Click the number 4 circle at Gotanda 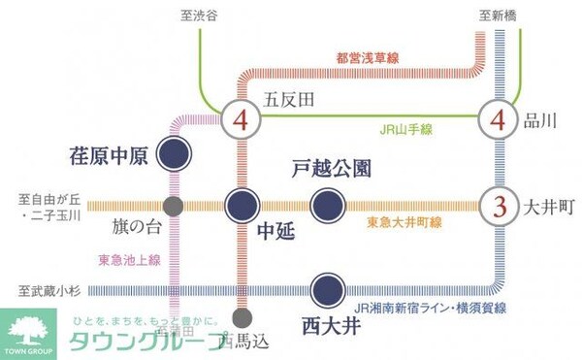click(241, 122)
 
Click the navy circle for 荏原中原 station click(174, 151)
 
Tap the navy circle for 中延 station click(242, 205)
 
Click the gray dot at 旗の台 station click(174, 205)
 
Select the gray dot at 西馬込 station click(242, 317)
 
